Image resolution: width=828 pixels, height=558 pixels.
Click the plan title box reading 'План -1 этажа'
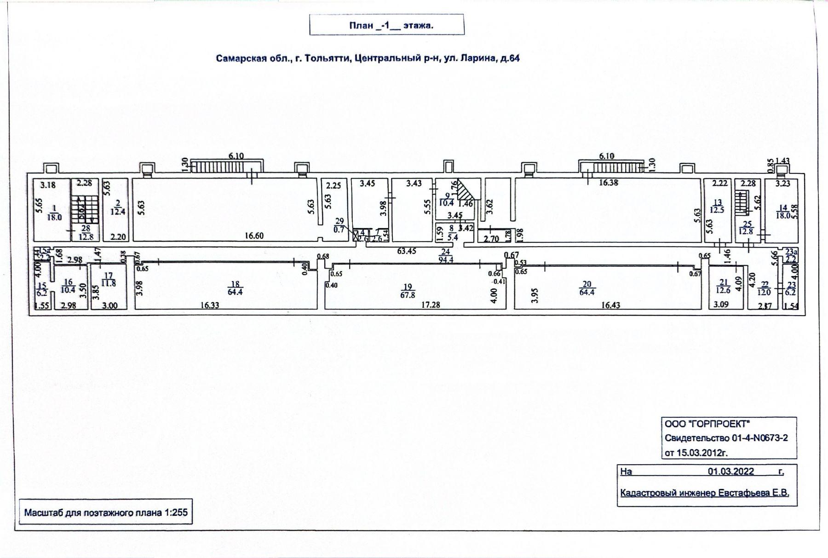click(386, 25)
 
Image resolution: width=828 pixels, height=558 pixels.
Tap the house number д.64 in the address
click(510, 59)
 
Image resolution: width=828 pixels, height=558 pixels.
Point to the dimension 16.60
click(254, 236)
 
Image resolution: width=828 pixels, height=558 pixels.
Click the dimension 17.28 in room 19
click(430, 305)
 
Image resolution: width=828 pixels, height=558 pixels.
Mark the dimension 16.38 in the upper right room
click(609, 183)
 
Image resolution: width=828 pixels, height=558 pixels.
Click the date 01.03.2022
click(731, 472)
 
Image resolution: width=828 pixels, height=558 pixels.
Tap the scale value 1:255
click(176, 512)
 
